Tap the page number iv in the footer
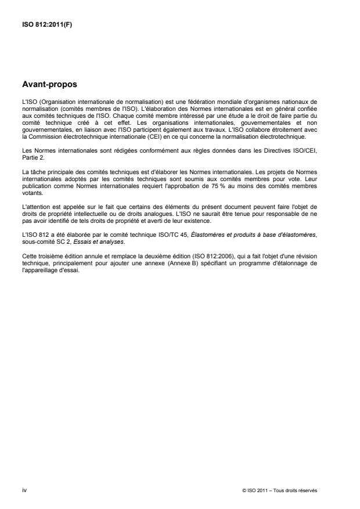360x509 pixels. point(24,490)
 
